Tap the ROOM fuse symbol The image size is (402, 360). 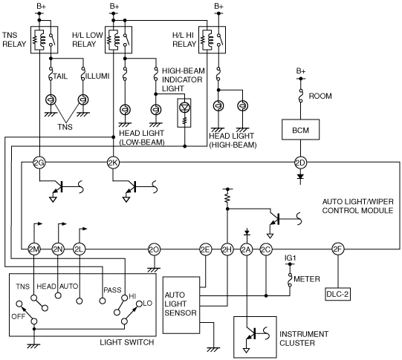tap(301, 96)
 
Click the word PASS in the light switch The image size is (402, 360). tap(112, 289)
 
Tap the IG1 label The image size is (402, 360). tap(290, 258)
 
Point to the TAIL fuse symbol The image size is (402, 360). tap(51, 73)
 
